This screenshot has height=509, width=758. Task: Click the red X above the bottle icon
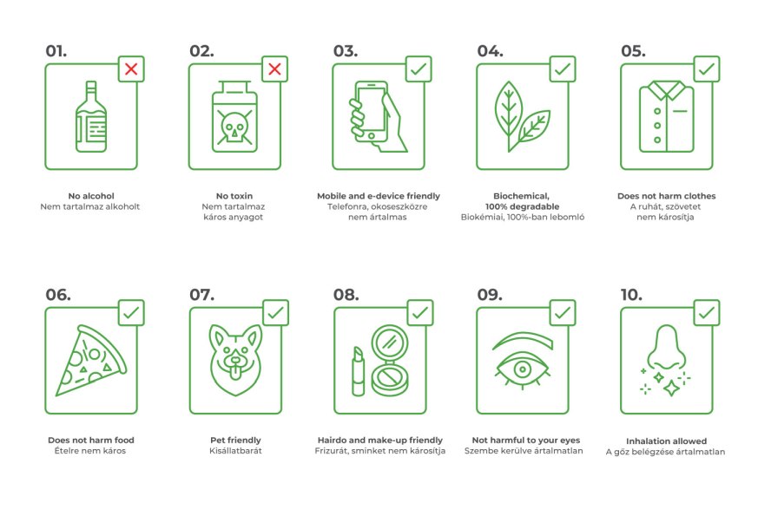[131, 69]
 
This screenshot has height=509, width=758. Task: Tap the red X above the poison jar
[274, 69]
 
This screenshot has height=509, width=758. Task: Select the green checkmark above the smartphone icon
[419, 69]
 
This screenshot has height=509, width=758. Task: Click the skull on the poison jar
[234, 127]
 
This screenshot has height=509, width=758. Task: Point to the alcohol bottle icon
[91, 116]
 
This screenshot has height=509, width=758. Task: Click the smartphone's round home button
[372, 136]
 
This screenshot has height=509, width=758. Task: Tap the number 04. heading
[490, 51]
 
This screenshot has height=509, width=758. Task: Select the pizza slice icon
[91, 360]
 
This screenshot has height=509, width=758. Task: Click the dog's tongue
[235, 374]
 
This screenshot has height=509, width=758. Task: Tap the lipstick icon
[358, 371]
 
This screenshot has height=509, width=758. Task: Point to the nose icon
[667, 348]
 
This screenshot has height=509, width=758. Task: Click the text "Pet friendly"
[235, 440]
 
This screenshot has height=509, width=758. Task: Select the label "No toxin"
[234, 196]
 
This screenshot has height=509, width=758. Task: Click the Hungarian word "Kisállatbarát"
[235, 451]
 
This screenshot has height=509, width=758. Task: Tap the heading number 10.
[631, 295]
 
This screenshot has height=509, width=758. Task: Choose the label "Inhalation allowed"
[666, 440]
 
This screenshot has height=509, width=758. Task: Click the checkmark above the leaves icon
[563, 69]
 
